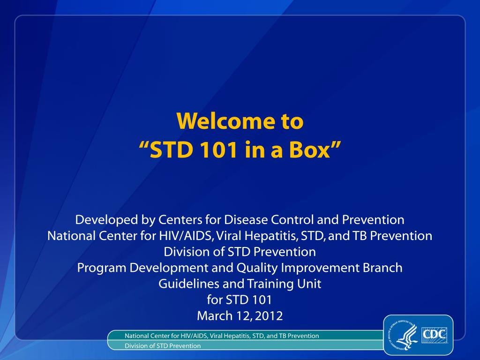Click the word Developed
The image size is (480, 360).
coord(106,220)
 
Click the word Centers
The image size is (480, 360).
coord(180,220)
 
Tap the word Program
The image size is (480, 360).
coord(102,268)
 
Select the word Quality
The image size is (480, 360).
coord(257,268)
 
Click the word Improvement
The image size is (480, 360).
coord(320,268)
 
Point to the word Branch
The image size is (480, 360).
coord(382,268)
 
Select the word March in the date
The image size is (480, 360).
coord(215,316)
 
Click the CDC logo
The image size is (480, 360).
coord(434,335)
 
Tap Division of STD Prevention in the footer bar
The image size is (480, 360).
coord(163,346)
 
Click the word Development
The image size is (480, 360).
coord(169,268)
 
